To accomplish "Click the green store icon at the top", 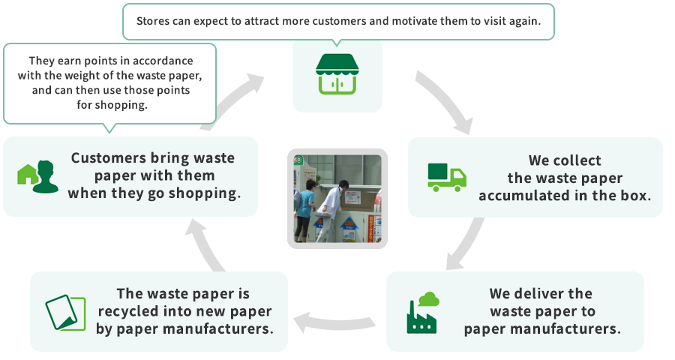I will click(336, 73).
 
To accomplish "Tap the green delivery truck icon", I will click(447, 177).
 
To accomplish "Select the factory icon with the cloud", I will click(422, 312).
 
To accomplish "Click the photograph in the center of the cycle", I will click(334, 199).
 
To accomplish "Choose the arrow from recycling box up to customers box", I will click(206, 247).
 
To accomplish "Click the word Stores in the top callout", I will click(154, 21).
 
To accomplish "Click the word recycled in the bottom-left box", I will click(127, 311).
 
